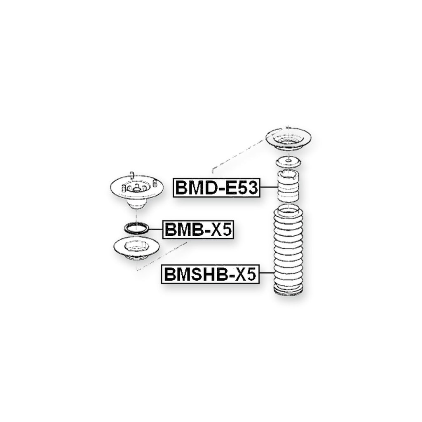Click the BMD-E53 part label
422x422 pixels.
[x=217, y=188]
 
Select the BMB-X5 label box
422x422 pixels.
[x=198, y=230]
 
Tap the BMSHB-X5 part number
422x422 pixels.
[x=210, y=274]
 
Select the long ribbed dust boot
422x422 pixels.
[x=288, y=250]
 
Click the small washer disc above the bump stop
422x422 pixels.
[x=288, y=162]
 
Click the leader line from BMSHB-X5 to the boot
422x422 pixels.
[x=267, y=273]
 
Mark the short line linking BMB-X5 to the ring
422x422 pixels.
[x=155, y=229]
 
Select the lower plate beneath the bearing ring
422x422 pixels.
[x=136, y=248]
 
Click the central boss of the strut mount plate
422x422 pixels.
[x=137, y=188]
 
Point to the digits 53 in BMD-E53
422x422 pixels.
[x=249, y=188]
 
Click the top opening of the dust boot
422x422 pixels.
[x=288, y=210]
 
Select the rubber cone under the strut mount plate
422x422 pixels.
[x=136, y=204]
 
